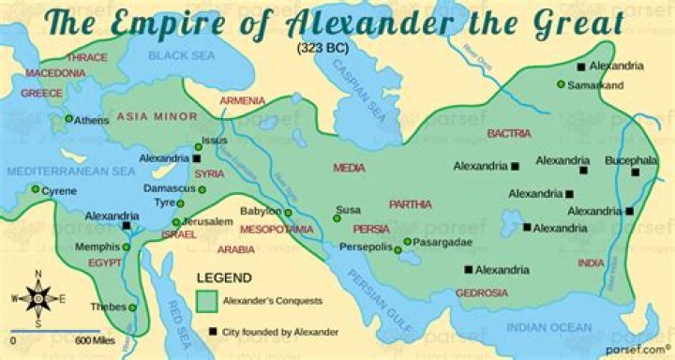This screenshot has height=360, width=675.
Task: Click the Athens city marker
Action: click(x=68, y=119)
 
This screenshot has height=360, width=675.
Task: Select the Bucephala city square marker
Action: click(x=636, y=172)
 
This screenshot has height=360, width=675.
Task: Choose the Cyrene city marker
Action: click(x=36, y=190)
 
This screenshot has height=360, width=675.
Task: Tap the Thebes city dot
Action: click(x=132, y=307)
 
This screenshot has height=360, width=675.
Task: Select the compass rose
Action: click(x=38, y=298)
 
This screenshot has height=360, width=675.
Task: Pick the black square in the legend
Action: click(x=213, y=331)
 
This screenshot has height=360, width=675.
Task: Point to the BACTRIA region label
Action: click(x=509, y=134)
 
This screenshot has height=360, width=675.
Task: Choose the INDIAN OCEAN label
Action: click(x=550, y=327)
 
